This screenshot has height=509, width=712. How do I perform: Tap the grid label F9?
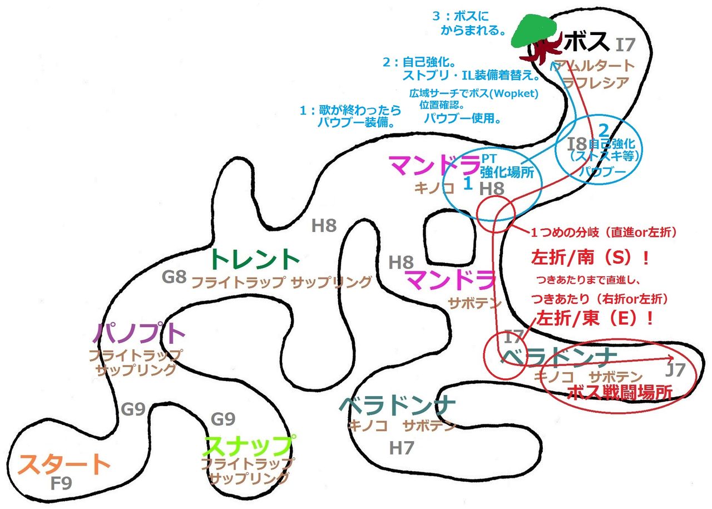[x=61, y=483]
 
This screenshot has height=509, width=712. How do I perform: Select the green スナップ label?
[x=249, y=446]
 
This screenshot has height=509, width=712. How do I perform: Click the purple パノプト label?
[x=139, y=333]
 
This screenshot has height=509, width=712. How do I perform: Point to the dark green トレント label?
[x=255, y=259]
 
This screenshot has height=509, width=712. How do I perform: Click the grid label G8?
[x=174, y=276]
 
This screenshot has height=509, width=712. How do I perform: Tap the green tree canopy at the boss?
[x=535, y=31]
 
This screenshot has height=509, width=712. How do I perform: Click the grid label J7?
[x=675, y=369]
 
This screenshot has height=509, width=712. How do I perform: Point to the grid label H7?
[x=402, y=447]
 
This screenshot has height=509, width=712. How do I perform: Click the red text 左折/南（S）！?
[x=591, y=259]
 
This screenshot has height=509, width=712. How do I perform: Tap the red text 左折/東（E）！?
[x=594, y=319]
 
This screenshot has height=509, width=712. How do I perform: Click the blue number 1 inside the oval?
[x=468, y=184]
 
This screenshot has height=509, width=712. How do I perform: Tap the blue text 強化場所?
[x=510, y=172]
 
